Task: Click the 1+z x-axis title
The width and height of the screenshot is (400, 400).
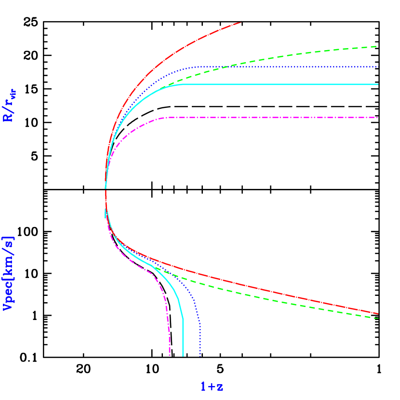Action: point(212,387)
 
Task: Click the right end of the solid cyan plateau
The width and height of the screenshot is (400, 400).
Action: point(378,84)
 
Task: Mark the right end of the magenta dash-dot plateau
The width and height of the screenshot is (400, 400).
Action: point(378,117)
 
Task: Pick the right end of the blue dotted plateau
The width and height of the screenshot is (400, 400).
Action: point(378,67)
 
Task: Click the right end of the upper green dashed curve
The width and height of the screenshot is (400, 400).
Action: point(376,46)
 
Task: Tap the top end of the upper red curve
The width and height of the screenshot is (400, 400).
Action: point(240,22)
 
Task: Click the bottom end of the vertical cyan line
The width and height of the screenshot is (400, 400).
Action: point(183,356)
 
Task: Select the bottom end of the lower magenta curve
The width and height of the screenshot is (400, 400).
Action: point(170,356)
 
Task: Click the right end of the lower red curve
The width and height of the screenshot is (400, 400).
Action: point(378,313)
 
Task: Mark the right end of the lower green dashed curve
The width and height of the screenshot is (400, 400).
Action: point(378,318)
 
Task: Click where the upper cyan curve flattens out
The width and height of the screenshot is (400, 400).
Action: point(182,85)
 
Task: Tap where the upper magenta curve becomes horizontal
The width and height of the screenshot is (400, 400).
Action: point(166,118)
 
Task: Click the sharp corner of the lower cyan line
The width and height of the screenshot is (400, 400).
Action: point(183,318)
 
